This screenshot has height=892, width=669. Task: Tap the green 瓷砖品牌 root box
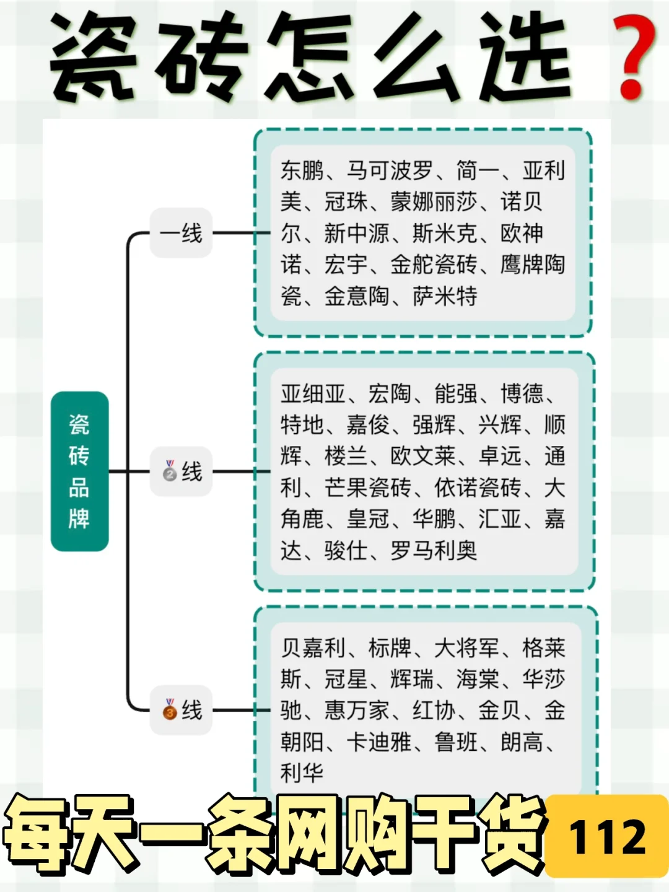[79, 471]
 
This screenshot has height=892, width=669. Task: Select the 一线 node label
[181, 233]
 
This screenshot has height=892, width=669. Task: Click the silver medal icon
[170, 471]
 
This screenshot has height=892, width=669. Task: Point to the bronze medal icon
[170, 709]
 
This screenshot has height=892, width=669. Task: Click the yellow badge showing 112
[606, 836]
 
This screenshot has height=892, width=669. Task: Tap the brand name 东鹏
[302, 170]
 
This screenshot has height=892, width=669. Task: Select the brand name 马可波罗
[390, 170]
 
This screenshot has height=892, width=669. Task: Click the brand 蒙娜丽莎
[434, 201]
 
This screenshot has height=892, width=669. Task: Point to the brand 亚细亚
[313, 393]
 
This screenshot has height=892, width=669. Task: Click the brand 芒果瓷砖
[368, 488]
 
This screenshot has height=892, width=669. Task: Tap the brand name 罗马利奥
[434, 551]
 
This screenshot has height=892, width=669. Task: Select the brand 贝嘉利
[313, 648]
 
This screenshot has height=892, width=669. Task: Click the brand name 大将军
[466, 648]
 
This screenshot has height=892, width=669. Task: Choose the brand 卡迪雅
[378, 741]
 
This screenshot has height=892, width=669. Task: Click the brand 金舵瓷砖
[434, 265]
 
